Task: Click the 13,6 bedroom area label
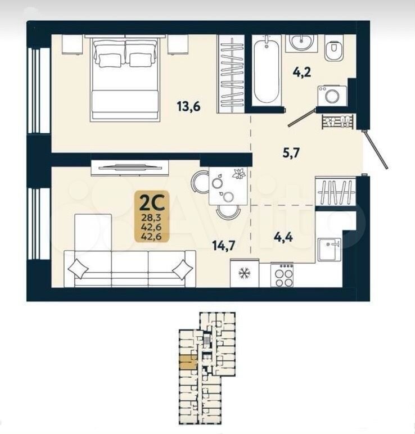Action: pos(189,107)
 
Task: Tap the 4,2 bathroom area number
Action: pos(302,73)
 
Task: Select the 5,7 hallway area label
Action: pos(291,153)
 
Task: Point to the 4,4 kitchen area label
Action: pos(283,237)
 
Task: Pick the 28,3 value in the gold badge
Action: pos(151,218)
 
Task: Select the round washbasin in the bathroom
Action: pos(301,42)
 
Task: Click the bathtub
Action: pos(267,71)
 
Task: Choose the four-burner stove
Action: pos(282,275)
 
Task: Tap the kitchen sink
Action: pos(330,249)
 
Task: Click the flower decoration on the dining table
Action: pos(237,174)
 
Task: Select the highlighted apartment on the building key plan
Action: pos(188,362)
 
